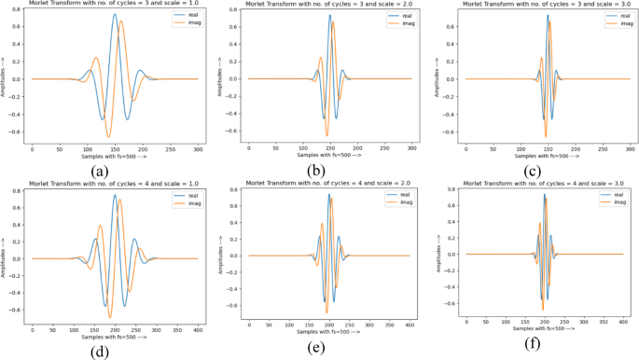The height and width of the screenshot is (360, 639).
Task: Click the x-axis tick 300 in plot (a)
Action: (x=196, y=148)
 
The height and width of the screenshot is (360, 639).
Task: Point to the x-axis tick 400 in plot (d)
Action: (x=196, y=330)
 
